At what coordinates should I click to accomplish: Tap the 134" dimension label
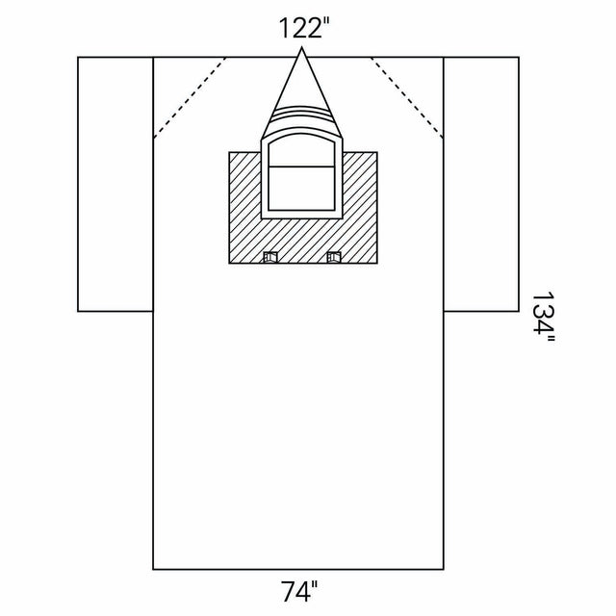click(543, 318)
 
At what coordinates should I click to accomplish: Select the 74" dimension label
click(299, 591)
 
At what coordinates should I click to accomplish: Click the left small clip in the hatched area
click(270, 257)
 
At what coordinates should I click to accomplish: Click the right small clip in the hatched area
click(334, 257)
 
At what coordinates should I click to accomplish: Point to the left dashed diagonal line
click(190, 98)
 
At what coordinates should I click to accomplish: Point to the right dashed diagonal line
click(407, 98)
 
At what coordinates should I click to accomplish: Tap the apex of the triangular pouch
click(301, 48)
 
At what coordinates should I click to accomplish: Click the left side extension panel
click(115, 184)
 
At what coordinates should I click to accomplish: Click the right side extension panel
click(481, 184)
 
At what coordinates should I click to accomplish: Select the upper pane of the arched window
click(301, 151)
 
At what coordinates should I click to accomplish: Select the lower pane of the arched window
click(301, 189)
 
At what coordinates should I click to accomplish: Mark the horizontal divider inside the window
click(301, 167)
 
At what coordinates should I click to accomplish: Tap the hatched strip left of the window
click(245, 208)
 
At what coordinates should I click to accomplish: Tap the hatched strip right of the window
click(360, 208)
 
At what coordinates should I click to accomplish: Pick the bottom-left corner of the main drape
click(153, 569)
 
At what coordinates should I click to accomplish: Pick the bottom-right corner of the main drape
click(444, 569)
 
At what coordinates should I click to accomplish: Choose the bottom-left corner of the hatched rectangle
click(229, 263)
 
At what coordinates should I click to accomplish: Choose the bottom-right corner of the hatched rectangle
click(377, 263)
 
